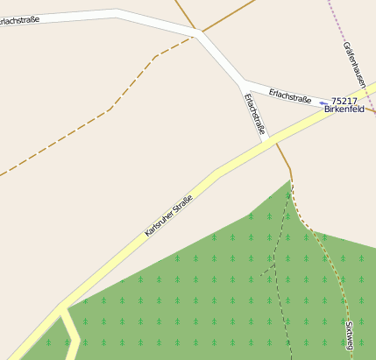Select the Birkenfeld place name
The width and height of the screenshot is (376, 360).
[x=344, y=110]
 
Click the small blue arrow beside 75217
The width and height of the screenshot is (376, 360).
[x=323, y=102]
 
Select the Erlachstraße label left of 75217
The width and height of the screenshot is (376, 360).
[x=290, y=94]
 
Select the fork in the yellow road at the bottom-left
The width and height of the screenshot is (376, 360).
[x=62, y=308]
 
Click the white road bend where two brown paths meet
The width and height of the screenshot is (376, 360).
[x=201, y=34]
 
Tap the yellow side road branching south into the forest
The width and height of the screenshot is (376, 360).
[x=70, y=337]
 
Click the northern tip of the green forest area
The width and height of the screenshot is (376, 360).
[x=289, y=181]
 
